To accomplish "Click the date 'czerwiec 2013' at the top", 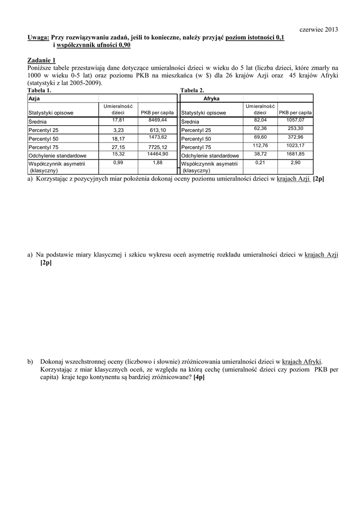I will (319, 30).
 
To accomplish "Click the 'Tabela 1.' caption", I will (39, 91).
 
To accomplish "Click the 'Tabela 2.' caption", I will (192, 91).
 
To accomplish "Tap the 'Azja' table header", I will (34, 99).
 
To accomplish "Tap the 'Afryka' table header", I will (211, 99).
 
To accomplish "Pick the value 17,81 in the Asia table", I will (118, 120).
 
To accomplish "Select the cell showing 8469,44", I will (157, 120).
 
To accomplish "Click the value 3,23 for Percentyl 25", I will (118, 130).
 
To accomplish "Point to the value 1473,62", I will (157, 137).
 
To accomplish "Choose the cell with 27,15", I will (118, 147).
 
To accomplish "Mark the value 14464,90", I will (157, 154).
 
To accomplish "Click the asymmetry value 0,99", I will (118, 163).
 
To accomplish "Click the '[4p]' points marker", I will (199, 377).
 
